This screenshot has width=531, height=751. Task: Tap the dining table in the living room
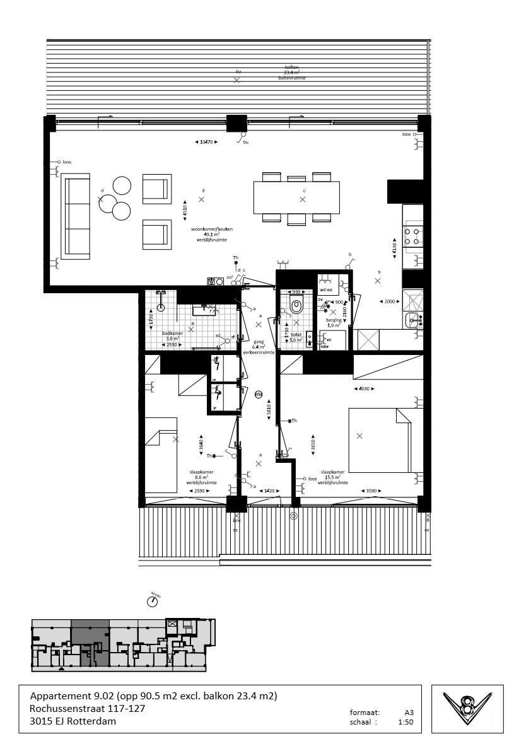click(296, 198)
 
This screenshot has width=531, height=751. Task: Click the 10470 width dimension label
click(206, 143)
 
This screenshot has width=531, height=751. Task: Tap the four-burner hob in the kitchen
click(413, 236)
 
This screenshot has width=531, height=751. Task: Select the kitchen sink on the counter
click(412, 320)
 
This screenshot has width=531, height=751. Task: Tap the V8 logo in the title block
click(467, 709)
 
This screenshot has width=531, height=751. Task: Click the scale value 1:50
click(406, 723)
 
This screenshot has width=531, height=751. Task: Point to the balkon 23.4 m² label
click(291, 72)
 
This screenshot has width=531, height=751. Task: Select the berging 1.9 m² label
click(334, 323)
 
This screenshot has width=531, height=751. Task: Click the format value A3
click(409, 713)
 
